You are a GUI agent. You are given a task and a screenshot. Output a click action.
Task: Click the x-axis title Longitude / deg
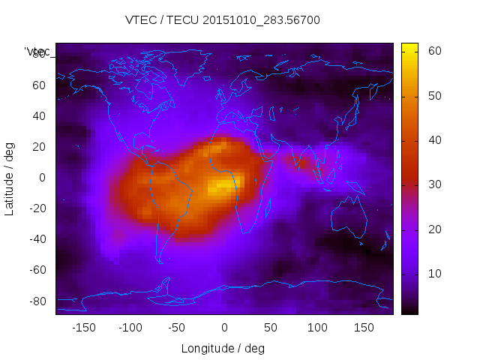[x=223, y=348]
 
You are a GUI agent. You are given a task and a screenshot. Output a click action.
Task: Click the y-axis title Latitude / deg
[x=10, y=177]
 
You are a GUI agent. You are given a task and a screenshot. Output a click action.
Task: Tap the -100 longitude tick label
[x=130, y=327]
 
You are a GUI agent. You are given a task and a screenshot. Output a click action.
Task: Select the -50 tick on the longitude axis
[x=177, y=327]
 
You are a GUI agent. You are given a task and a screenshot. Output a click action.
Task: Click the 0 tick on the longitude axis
[x=223, y=327]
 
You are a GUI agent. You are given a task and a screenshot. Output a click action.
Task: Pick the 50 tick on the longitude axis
[x=271, y=327]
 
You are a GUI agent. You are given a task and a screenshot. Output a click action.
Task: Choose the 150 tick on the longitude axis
[x=364, y=327]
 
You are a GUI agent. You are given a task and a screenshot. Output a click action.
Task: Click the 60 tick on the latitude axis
[x=38, y=85]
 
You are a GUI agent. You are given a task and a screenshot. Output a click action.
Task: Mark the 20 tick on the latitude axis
[x=38, y=146]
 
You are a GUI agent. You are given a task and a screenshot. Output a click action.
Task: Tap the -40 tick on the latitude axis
[x=35, y=239]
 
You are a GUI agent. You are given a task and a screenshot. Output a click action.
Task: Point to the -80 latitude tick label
[x=35, y=301]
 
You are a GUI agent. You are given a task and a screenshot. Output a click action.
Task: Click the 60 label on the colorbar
[x=433, y=51]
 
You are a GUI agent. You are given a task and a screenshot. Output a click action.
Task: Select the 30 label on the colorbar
[x=433, y=184]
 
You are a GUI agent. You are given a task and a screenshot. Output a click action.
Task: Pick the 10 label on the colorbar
[x=433, y=274]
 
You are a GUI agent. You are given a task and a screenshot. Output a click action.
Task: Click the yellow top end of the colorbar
[x=409, y=47]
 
